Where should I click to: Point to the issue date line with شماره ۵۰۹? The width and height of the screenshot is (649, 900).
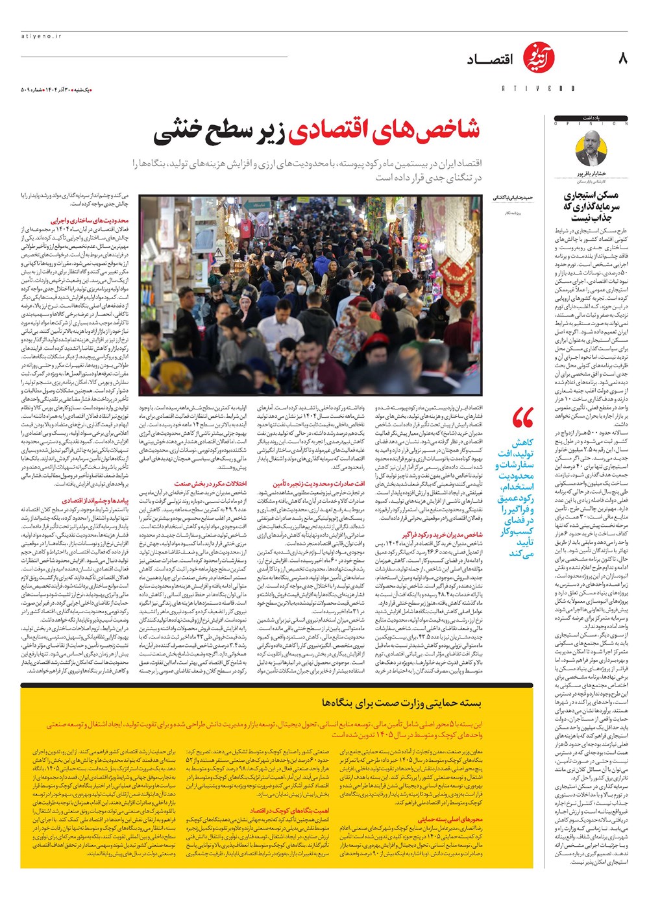pos(55,88)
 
